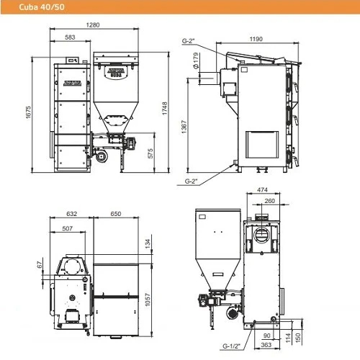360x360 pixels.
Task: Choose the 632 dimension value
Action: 71,213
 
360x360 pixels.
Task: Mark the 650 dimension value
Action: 116,213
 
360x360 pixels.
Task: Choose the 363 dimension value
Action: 266,346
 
